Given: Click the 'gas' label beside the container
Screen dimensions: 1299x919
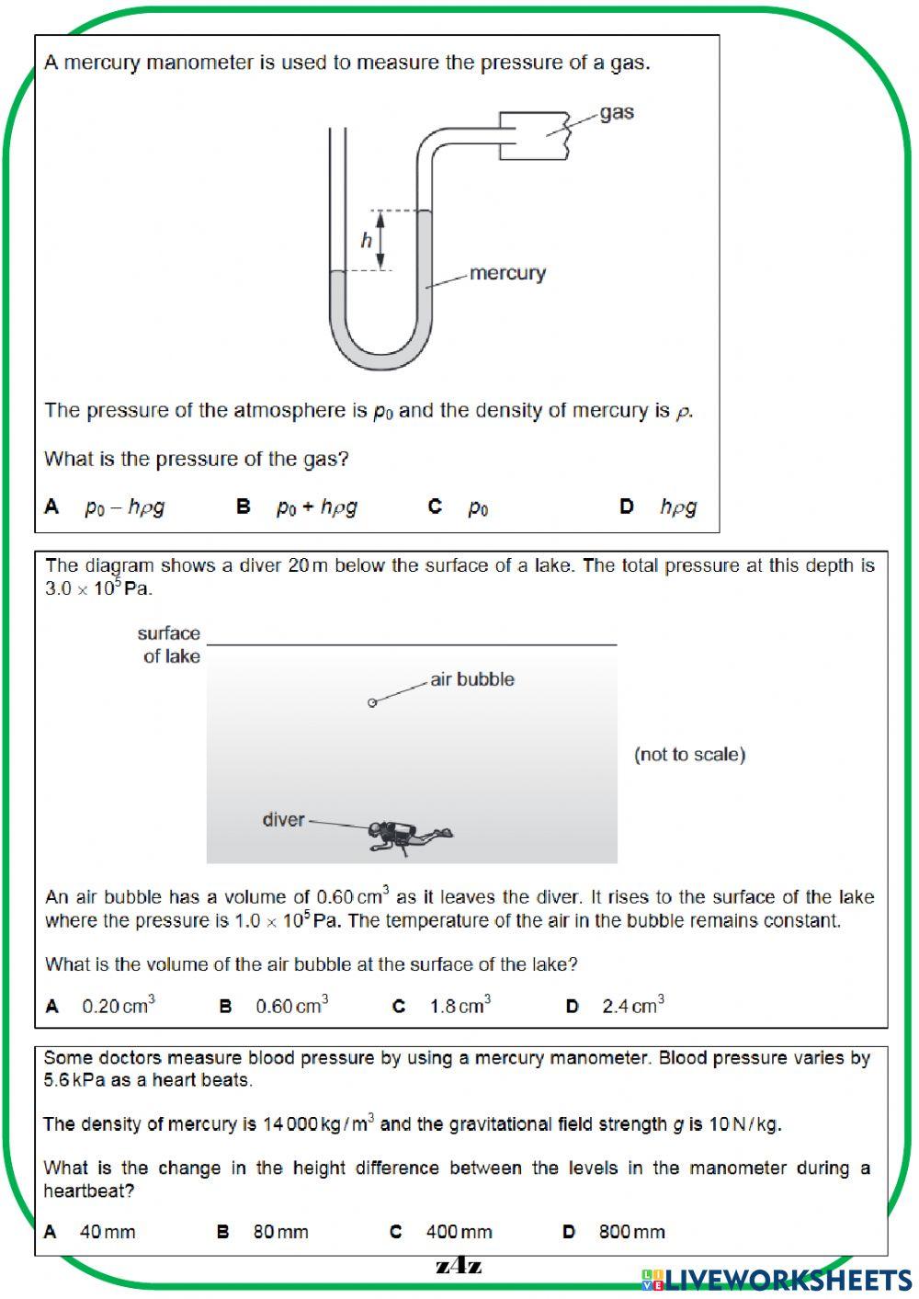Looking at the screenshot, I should coord(617,113).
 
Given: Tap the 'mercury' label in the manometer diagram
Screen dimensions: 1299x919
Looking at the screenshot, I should coord(507,273).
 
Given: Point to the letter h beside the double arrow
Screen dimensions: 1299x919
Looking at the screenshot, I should coord(366,241).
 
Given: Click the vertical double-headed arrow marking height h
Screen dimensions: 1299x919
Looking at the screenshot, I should coord(380,240).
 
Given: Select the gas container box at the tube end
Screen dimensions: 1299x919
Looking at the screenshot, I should coord(534,136).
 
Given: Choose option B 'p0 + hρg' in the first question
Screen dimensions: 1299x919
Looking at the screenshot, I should coord(315,507).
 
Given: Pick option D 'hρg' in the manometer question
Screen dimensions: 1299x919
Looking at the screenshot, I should coord(677,507).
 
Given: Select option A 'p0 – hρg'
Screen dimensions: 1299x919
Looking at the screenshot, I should coord(124,507).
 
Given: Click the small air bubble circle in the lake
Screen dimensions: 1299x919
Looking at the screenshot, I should coord(372,703).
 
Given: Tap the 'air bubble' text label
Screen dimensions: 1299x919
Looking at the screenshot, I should coord(472,679).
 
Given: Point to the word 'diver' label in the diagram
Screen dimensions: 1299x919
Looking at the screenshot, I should coord(283,819).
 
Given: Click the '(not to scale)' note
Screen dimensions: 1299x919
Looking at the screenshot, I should coord(689,755).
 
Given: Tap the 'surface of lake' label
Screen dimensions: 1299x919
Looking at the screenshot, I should coord(170,644).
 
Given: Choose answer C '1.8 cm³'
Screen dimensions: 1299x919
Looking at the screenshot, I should coord(459,1006).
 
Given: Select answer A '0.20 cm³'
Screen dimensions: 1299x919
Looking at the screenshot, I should coord(118,1006).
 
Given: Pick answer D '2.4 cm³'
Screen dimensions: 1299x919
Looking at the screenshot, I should coord(632,1006).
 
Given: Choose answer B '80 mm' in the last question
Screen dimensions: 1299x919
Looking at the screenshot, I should coord(280,1232).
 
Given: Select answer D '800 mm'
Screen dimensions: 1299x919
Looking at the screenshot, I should coord(631,1232).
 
